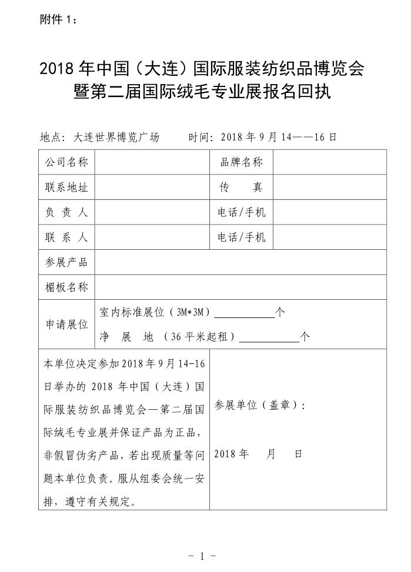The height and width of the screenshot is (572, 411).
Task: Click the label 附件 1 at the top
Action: point(58,20)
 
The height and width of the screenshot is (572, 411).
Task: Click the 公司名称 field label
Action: point(66,162)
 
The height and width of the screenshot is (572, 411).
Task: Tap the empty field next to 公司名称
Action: point(152,162)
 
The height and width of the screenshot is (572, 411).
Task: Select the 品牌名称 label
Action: point(241,162)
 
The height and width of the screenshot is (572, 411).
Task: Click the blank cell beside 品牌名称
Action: point(329,162)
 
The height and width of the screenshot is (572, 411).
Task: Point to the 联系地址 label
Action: point(66,188)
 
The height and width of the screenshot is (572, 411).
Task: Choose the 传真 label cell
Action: point(241,188)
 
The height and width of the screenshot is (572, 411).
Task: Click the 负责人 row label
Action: point(66,212)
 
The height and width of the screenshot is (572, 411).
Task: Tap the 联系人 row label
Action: point(66,238)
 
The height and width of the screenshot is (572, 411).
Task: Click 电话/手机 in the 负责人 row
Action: point(241,212)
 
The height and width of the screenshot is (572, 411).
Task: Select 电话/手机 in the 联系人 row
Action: point(241,238)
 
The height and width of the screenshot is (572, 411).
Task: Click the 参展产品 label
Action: point(66,262)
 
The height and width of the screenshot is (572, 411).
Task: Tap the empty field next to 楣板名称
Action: point(240,287)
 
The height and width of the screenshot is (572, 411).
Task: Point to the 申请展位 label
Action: point(66,325)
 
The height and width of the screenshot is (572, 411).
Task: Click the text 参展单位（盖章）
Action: point(259,406)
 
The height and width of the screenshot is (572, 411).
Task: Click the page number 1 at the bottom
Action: point(202,556)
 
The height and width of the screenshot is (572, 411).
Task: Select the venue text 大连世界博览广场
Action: point(116,138)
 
